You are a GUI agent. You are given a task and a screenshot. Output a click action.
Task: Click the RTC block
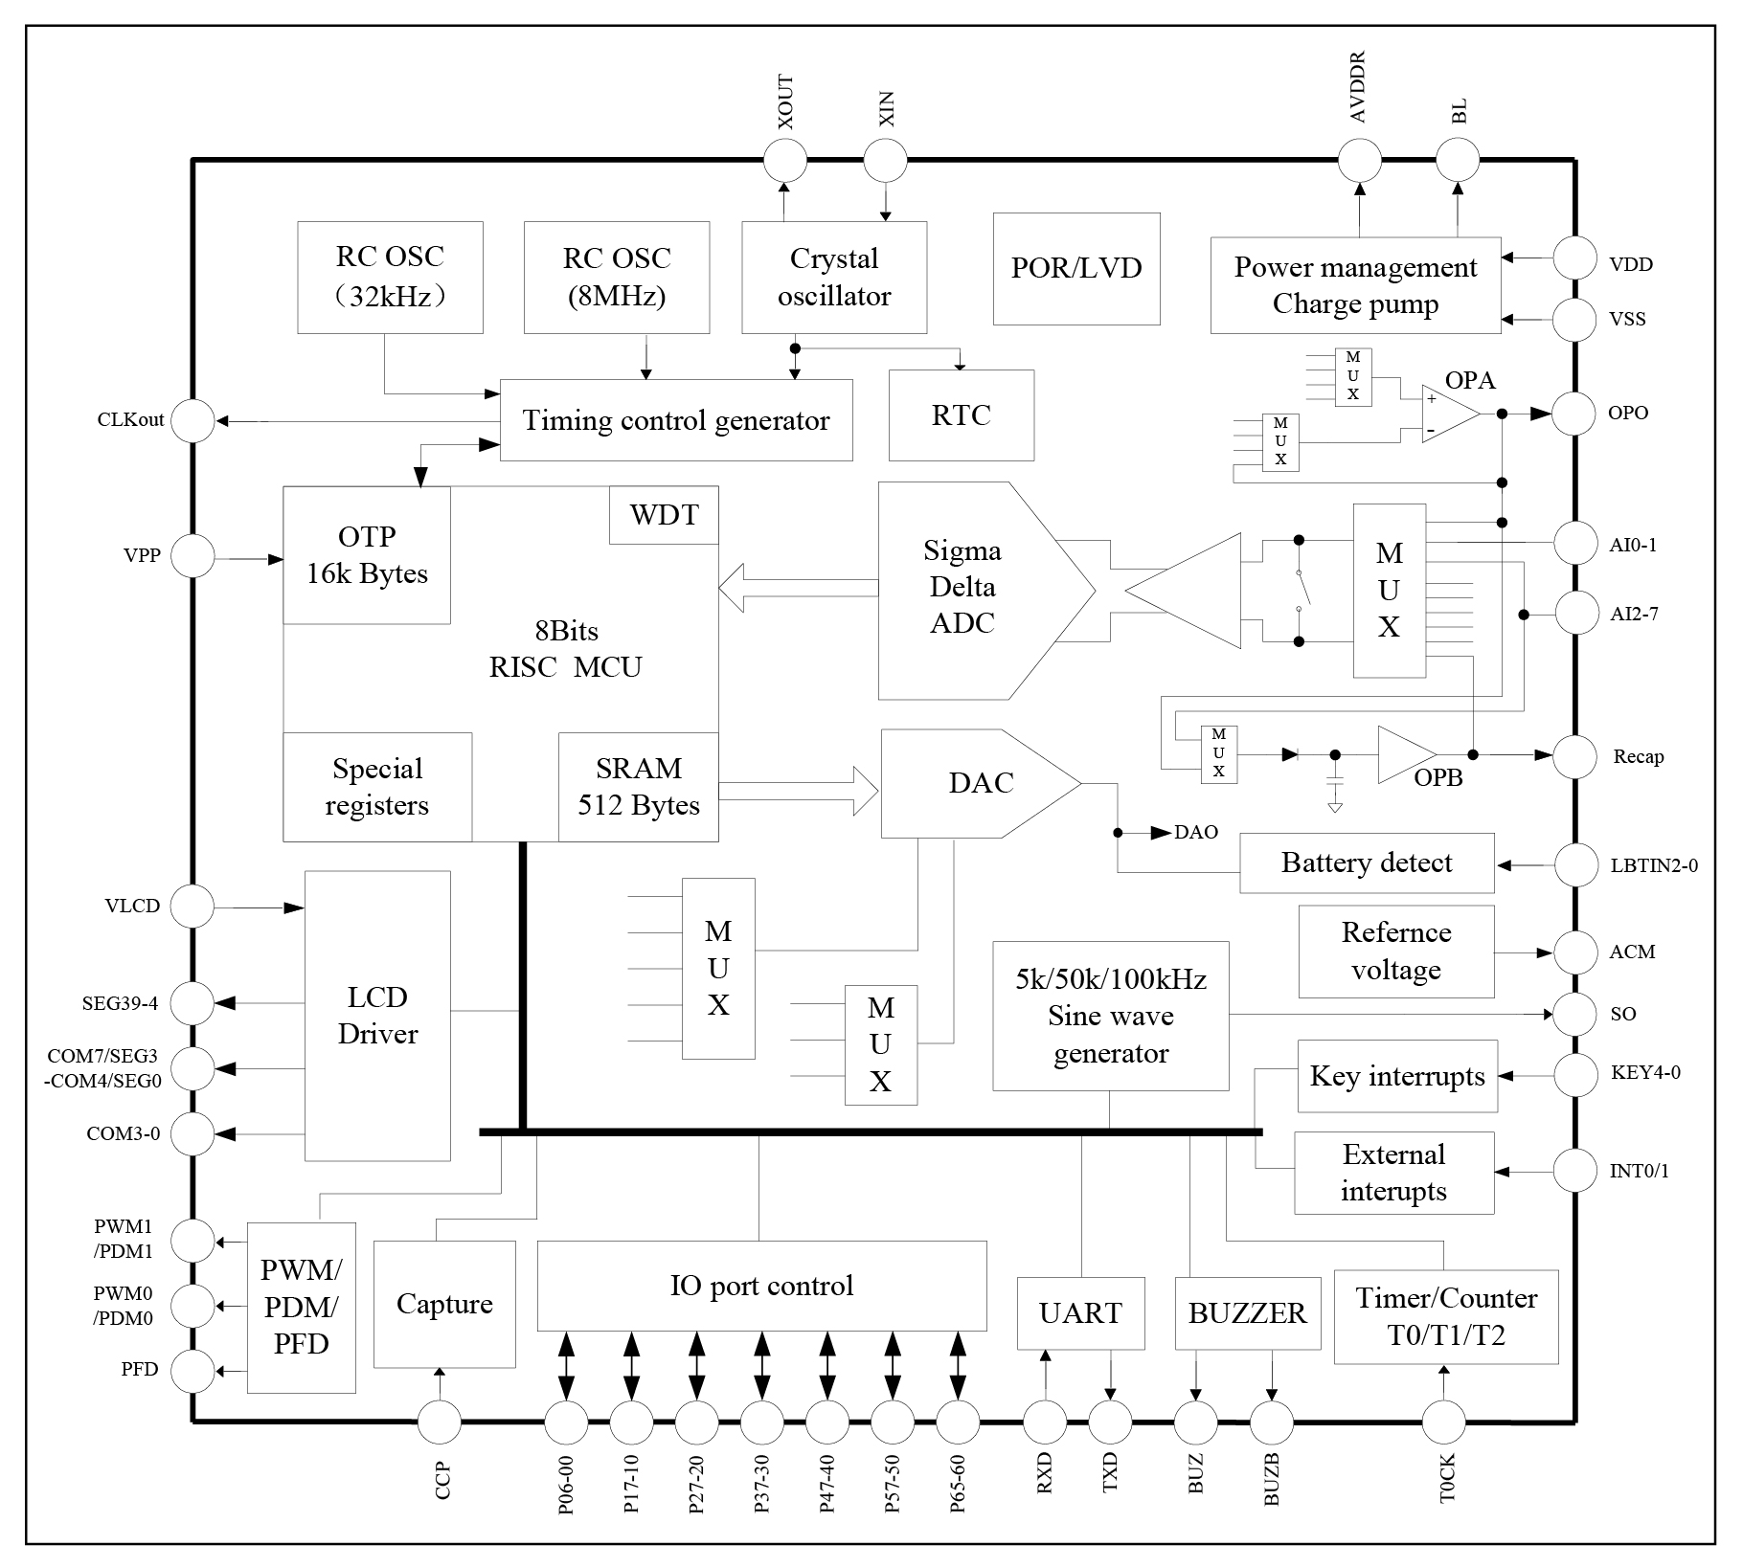coord(962,415)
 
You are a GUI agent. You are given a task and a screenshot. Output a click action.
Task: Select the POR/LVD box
coord(1076,268)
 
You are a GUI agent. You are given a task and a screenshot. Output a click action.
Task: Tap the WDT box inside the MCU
coord(664,515)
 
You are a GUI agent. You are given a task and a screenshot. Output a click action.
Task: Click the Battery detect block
coord(1367,863)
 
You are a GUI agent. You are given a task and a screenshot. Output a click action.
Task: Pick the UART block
coord(1080,1313)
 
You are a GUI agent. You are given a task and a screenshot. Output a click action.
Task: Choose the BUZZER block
coord(1247,1313)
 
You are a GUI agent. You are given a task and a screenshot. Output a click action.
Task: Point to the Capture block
coord(444,1304)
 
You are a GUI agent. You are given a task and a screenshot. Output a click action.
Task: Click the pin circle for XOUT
coord(785,160)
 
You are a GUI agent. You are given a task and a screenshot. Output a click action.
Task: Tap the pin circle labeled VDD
coord(1574,258)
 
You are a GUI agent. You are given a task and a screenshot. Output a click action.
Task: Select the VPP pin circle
coord(193,556)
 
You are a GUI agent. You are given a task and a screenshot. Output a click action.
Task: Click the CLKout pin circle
coord(193,420)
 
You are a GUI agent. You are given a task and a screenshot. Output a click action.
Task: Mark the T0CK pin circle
coord(1443,1423)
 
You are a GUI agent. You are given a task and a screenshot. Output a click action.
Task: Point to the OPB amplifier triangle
coord(1406,755)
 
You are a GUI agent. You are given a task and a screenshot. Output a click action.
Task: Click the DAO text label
coord(1196,833)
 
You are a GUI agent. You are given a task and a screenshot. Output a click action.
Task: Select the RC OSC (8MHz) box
coord(617,278)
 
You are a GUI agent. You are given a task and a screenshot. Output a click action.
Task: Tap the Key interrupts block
coord(1397,1077)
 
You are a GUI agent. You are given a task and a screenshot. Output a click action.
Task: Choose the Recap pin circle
coord(1574,756)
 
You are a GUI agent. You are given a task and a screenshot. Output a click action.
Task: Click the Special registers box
coord(377,787)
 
